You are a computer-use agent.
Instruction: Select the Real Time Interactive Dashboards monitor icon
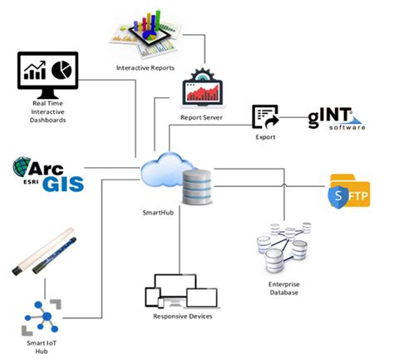coord(47,74)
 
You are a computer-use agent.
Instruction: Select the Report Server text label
coord(202,117)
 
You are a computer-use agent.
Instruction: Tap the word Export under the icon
coord(265,136)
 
